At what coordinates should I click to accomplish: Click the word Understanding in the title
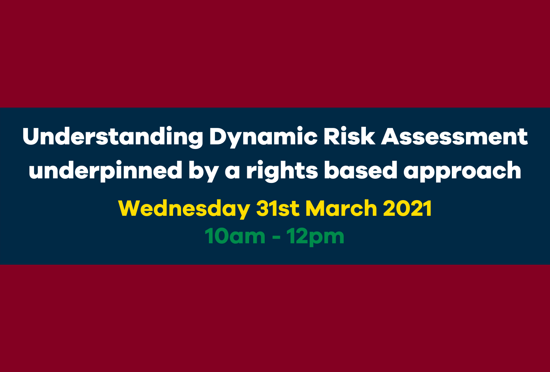pos(113,137)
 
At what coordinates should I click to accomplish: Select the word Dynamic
pos(263,137)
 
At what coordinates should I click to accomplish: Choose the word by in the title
pos(204,170)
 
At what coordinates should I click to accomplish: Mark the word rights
pos(282,170)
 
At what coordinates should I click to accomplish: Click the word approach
pos(462,170)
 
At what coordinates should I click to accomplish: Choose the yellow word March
pos(341,209)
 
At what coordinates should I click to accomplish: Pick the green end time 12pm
pos(315,236)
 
